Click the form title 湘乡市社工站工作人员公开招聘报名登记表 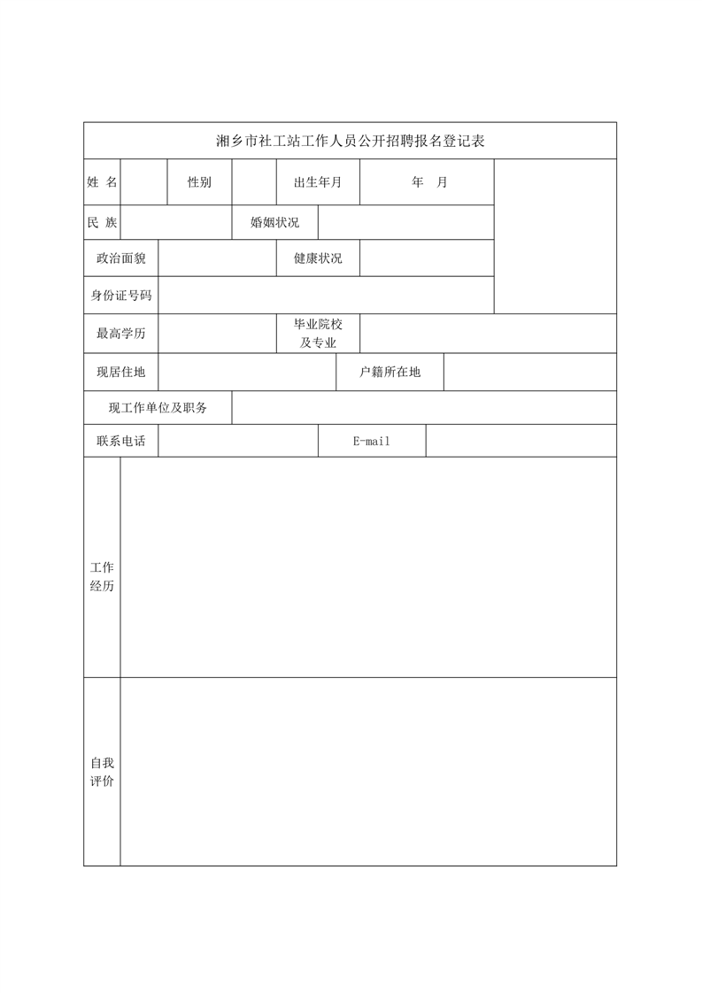351,141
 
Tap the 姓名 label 102,182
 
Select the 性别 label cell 199,182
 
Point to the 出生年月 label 318,182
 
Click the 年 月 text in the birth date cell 429,182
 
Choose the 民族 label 102,222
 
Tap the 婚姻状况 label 274,222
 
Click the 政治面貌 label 121,258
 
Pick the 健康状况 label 318,258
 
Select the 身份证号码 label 121,296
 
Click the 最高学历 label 121,334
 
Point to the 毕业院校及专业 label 318,334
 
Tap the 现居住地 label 121,372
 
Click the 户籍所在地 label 390,372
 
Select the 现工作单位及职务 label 158,408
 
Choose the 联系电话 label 121,441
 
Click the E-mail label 371,441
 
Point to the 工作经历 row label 102,576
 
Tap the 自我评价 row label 102,772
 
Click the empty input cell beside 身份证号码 326,296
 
